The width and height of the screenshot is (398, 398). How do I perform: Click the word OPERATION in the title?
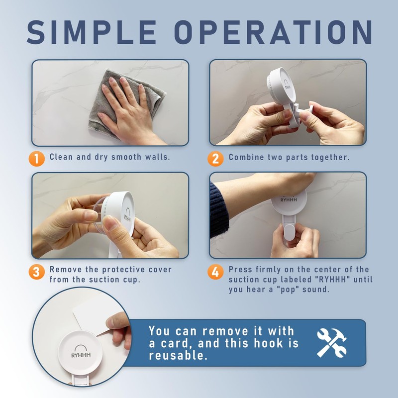273,32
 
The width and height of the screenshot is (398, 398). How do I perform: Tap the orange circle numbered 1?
36,159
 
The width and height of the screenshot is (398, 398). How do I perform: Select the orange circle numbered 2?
215,159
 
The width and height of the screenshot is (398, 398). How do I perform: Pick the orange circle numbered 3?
36,272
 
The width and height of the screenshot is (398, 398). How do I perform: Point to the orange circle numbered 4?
215,272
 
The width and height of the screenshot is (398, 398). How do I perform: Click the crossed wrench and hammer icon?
332,343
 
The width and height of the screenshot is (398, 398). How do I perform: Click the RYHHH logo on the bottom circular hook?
81,351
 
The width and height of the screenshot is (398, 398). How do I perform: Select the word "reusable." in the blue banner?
178,355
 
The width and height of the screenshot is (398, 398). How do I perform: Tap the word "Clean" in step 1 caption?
61,157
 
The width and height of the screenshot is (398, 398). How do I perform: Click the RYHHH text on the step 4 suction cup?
289,200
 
